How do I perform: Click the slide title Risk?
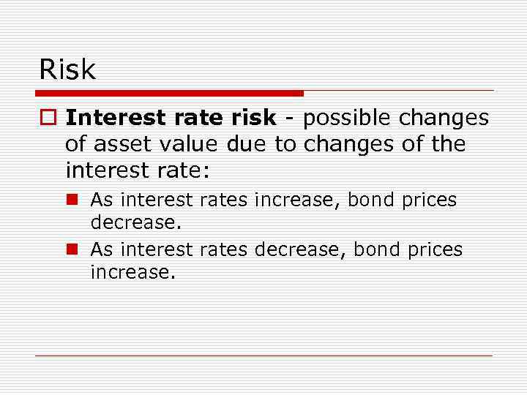click(67, 69)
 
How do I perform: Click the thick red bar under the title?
click(169, 93)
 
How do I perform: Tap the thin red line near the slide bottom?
click(263, 355)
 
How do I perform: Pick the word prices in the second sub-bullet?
click(436, 250)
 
